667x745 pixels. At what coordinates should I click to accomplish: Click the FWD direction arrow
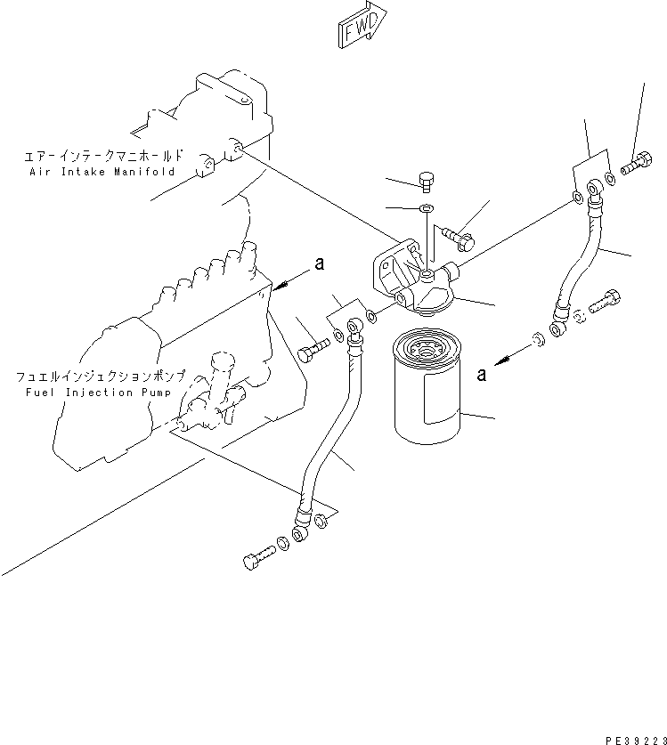click(362, 24)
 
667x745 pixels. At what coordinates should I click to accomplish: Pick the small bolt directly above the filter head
click(426, 182)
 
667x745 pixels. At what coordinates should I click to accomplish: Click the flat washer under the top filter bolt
click(426, 209)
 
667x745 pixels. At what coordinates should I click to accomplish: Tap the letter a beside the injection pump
click(317, 263)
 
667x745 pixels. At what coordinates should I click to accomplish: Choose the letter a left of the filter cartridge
click(482, 375)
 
